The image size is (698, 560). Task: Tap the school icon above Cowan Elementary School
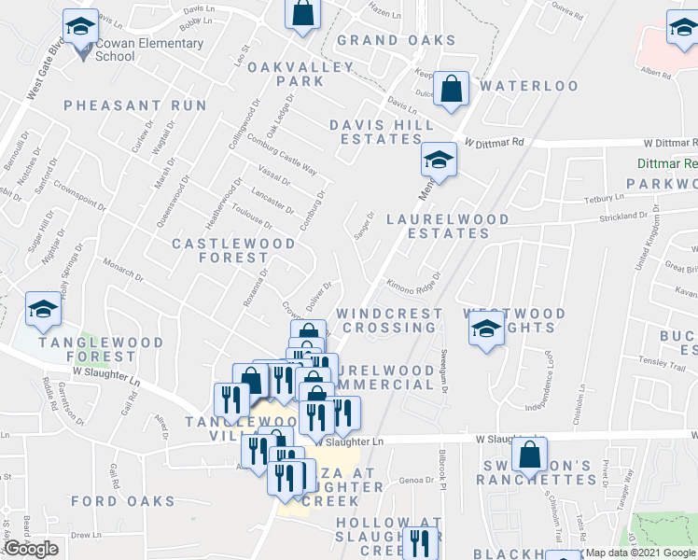[x=80, y=26]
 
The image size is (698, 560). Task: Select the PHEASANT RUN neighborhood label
[x=135, y=105]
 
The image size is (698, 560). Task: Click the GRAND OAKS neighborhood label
[x=396, y=40]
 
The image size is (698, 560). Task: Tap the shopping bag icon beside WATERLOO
[x=452, y=89]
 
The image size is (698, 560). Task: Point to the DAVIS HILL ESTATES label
[x=382, y=132]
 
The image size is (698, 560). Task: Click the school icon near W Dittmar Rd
[x=437, y=159]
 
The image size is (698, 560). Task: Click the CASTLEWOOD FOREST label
[x=233, y=251]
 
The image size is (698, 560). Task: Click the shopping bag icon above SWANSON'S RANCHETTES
[x=529, y=454]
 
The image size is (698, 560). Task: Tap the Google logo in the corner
[x=31, y=549]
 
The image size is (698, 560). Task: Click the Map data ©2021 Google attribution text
[x=640, y=553]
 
